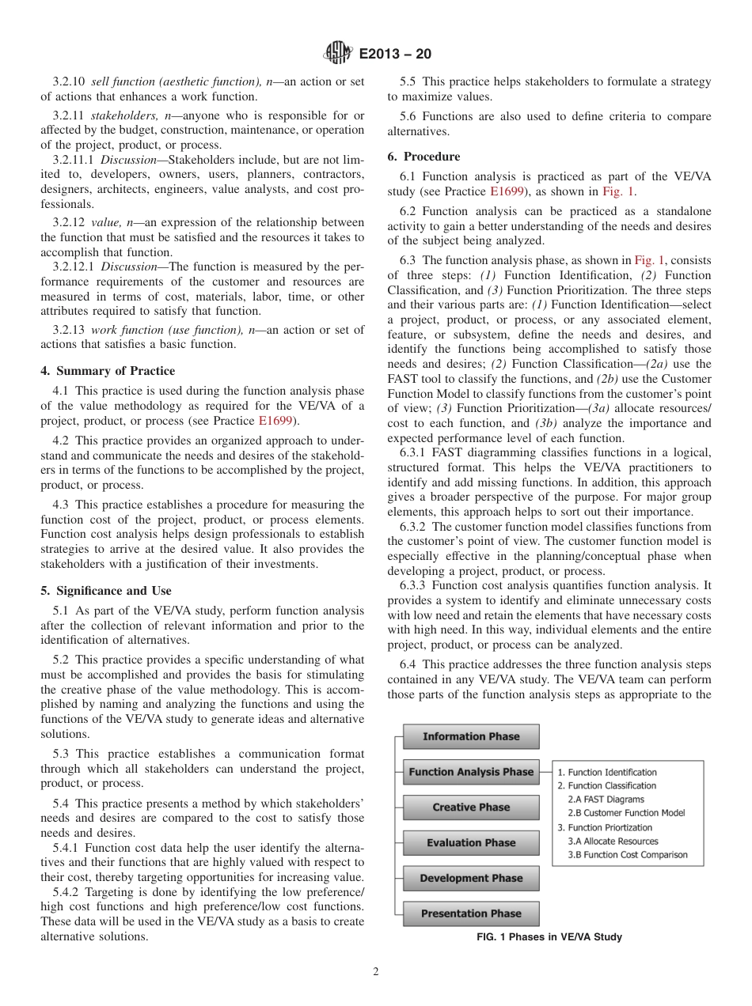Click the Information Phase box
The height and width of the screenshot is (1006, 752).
tap(471, 736)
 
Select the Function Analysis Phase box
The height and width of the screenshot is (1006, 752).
tap(471, 772)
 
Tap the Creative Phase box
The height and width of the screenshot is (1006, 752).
tap(471, 807)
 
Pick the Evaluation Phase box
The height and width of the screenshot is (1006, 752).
tap(471, 843)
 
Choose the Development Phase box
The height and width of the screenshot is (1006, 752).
tap(471, 878)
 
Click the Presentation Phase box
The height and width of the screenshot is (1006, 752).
tap(471, 913)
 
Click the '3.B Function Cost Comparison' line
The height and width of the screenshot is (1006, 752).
tap(628, 854)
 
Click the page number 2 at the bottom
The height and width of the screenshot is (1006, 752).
tap(376, 972)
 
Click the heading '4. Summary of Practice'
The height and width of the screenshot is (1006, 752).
tap(108, 371)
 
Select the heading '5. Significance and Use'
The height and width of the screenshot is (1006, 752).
tap(106, 591)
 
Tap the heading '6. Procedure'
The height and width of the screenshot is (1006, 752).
tap(423, 157)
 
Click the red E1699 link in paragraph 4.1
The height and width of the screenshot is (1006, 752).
tap(275, 421)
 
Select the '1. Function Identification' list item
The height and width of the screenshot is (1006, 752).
tap(607, 772)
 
